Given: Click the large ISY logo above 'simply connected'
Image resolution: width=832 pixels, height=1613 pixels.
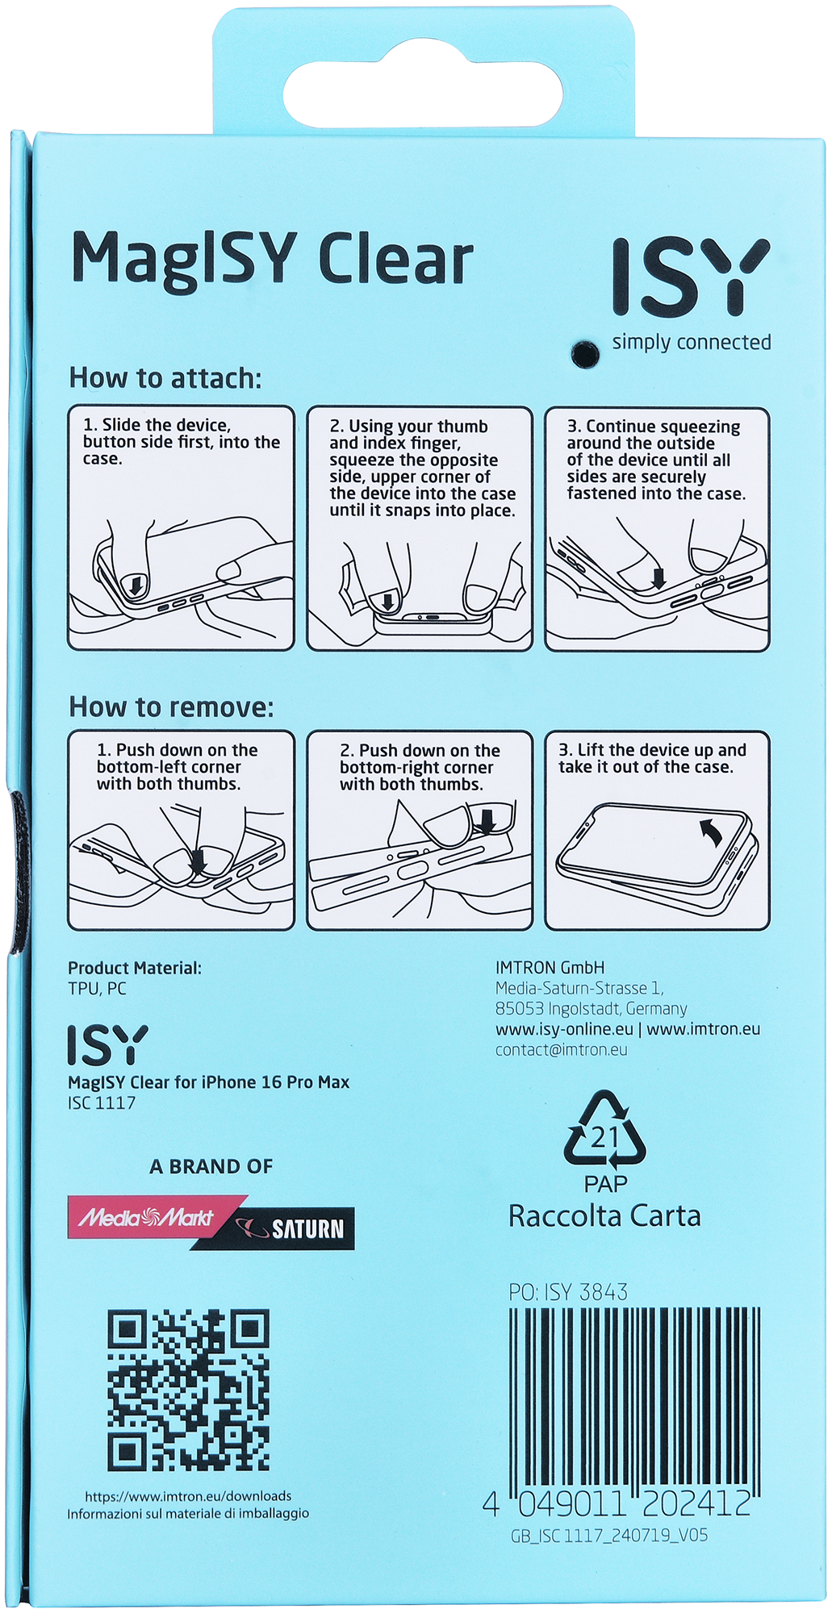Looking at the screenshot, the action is coord(690,277).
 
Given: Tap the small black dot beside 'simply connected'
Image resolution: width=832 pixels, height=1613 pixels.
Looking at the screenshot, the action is coord(583,353).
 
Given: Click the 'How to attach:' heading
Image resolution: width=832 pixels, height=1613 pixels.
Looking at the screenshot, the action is coord(165,377).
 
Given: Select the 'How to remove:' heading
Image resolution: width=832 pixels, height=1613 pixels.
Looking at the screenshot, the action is coord(171,707).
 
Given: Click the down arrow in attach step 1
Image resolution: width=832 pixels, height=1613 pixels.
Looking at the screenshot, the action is coord(136,584).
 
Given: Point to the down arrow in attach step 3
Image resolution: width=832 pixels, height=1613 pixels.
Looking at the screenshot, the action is coord(658,577).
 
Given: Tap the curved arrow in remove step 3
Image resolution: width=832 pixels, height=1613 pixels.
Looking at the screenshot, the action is coord(711,832).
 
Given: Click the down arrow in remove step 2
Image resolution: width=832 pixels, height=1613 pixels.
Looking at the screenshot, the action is coord(486,822).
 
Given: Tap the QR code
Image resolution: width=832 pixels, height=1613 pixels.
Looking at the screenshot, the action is coord(188,1390).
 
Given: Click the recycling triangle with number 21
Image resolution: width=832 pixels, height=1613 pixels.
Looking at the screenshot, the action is coord(604,1130).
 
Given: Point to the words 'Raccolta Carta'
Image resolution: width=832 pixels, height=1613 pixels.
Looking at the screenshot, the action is coord(604,1215).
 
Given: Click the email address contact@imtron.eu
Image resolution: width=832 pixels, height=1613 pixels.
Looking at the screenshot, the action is coord(562,1049).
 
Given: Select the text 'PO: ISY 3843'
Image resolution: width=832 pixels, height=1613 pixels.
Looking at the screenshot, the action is coord(568,1292).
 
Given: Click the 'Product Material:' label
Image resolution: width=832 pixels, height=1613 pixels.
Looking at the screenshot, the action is coord(135,968).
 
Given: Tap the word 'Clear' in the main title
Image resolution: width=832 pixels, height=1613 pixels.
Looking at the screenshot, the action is coord(395,260).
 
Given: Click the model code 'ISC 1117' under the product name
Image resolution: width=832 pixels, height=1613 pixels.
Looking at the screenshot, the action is coord(102,1102).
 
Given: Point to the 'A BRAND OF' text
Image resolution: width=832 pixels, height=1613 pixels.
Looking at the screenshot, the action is coord(211,1166).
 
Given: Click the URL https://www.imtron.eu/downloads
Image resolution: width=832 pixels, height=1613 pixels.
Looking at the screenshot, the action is coord(188,1496).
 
